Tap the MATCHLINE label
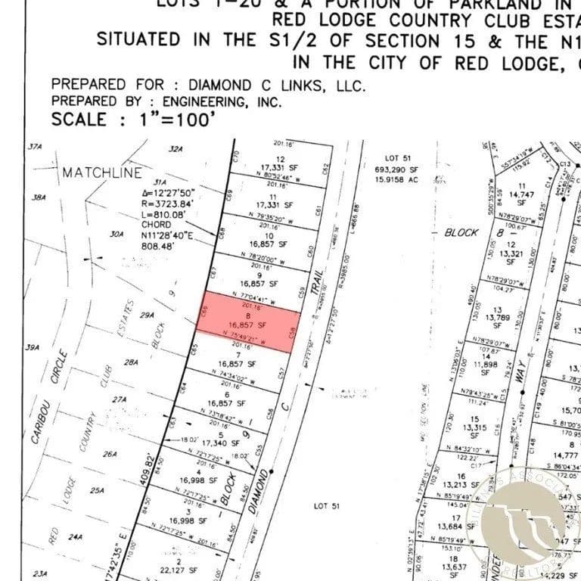click(101, 172)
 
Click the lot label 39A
click(33, 348)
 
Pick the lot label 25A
click(96, 490)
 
